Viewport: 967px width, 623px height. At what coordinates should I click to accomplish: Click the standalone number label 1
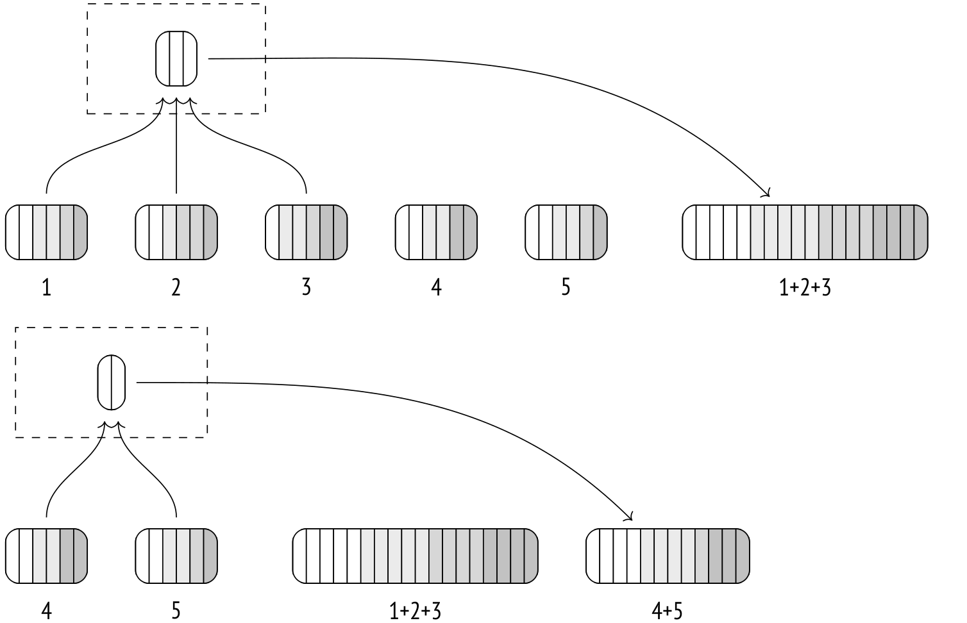[x=46, y=288]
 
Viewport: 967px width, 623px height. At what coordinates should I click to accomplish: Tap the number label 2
[x=176, y=288]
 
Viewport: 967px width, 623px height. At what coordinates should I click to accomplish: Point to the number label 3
[x=307, y=288]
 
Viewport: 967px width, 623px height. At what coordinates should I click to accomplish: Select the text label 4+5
[x=667, y=611]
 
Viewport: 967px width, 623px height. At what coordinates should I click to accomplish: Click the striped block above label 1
[x=46, y=232]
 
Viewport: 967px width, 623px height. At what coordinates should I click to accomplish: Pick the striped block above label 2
[x=176, y=232]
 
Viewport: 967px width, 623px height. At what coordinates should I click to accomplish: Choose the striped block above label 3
[x=307, y=232]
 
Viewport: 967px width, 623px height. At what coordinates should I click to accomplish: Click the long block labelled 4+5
[x=667, y=556]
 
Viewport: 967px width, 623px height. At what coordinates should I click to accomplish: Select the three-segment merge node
[x=176, y=58]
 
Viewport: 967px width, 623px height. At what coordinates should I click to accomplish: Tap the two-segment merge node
[x=112, y=382]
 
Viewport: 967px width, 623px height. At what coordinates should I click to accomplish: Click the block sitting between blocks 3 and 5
[x=436, y=232]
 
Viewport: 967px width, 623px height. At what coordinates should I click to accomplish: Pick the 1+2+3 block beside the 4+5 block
[x=415, y=556]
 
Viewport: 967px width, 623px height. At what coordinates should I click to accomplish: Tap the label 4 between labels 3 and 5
[x=436, y=288]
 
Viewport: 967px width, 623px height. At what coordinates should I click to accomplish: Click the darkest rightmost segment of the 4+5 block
[x=742, y=556]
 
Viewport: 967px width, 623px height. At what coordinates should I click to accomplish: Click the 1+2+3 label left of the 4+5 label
[x=415, y=611]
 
